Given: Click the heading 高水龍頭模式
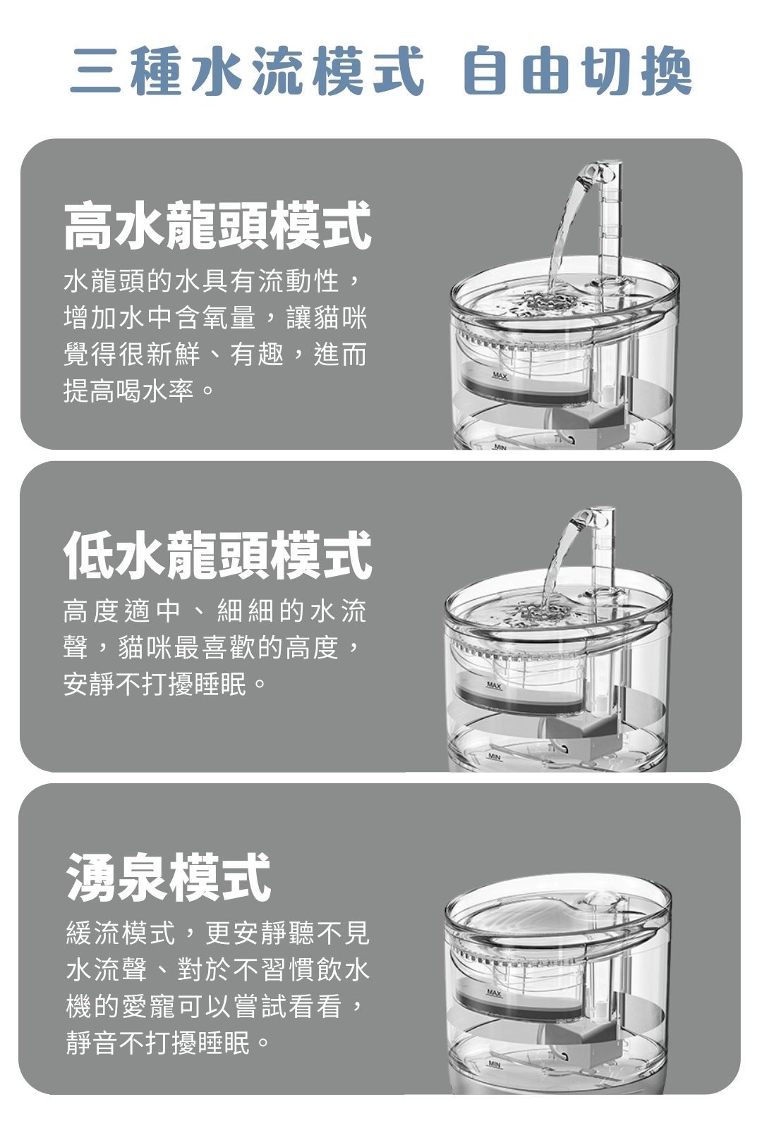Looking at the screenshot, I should [217, 225].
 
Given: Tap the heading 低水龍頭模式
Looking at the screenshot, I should [217, 555].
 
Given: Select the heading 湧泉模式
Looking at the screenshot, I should [169, 878].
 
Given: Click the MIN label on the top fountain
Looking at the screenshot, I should [500, 447].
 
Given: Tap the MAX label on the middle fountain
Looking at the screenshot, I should [493, 686].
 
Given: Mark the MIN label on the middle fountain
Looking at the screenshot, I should [493, 756].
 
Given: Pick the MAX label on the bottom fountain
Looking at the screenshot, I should [493, 993].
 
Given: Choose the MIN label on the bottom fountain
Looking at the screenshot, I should [493, 1064].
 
